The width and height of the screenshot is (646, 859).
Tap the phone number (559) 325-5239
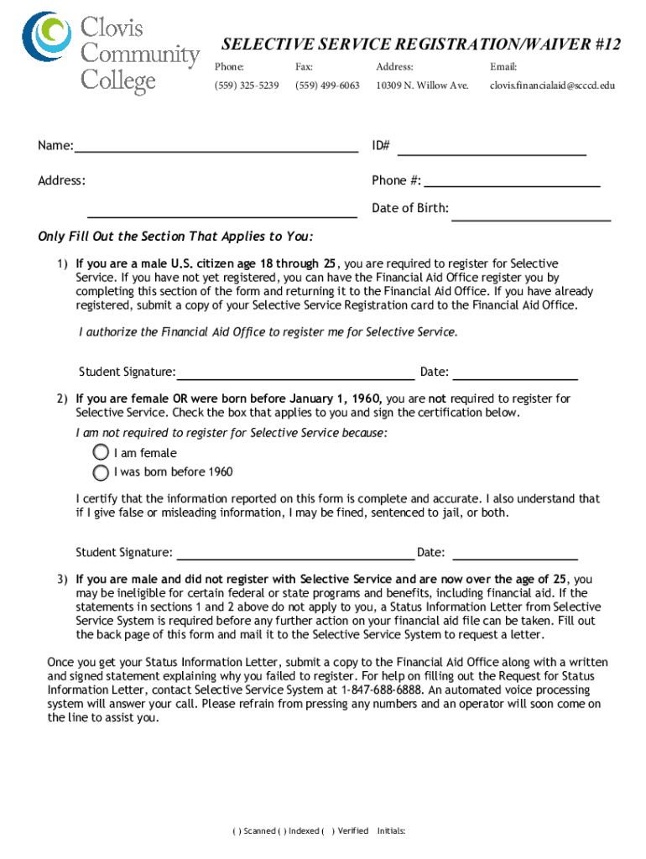click(x=247, y=86)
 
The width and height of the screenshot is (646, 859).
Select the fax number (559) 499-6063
click(x=327, y=86)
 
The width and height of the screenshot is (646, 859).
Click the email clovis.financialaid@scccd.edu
click(x=552, y=86)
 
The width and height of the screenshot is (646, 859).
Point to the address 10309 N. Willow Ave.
click(x=422, y=86)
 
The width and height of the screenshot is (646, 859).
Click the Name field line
click(x=216, y=151)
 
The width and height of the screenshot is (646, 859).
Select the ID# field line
click(x=491, y=154)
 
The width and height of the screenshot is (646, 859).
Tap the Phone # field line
click(x=512, y=184)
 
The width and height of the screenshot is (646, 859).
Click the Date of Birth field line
click(x=530, y=219)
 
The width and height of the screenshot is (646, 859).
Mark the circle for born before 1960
click(x=102, y=471)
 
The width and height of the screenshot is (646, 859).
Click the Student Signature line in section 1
click(x=295, y=377)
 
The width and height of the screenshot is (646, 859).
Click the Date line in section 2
click(x=513, y=558)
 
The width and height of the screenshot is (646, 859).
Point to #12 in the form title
click(x=604, y=44)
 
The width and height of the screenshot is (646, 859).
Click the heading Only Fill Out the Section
click(x=175, y=236)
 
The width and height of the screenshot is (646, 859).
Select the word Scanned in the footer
click(x=258, y=831)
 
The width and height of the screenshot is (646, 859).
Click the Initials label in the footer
click(x=392, y=831)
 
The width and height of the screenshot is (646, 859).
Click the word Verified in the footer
click(x=352, y=831)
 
